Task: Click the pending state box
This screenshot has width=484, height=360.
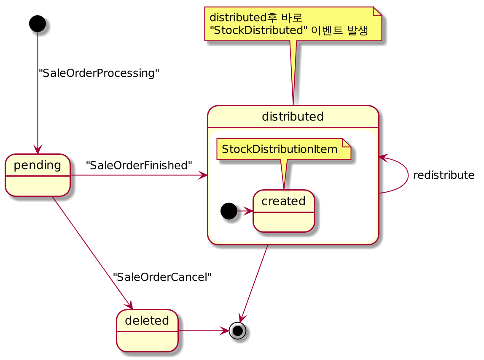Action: (38, 175)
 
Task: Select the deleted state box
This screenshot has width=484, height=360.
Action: (147, 330)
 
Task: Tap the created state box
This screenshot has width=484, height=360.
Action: (284, 211)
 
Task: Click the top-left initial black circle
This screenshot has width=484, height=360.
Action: (38, 24)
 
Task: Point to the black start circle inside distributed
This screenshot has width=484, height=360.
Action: (229, 211)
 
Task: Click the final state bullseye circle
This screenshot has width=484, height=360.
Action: (238, 330)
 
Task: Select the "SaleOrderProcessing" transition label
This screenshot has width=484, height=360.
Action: (99, 73)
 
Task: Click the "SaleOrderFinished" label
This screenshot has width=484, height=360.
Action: (139, 165)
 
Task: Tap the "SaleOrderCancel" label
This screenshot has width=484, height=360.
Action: (162, 277)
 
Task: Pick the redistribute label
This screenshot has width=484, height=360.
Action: (444, 175)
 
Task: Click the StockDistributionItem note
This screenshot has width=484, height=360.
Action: (284, 149)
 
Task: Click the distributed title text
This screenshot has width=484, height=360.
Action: (293, 116)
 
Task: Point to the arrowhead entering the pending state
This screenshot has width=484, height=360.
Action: (38, 149)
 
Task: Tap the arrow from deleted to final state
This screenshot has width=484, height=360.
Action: (204, 330)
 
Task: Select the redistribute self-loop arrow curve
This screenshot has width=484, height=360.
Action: (408, 175)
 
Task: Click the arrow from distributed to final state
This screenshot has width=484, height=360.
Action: (254, 283)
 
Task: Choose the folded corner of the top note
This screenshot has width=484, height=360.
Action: (377, 11)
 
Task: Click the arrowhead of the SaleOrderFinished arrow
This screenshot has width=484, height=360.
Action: (203, 175)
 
